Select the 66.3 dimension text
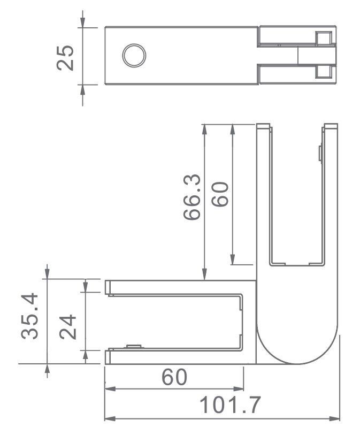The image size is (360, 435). pyautogui.click(x=192, y=197)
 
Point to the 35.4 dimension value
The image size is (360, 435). pyautogui.click(x=30, y=316)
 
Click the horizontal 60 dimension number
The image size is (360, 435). pyautogui.click(x=174, y=377)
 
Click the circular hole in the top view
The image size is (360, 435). pyautogui.click(x=134, y=56)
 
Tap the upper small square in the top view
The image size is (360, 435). pyautogui.click(x=323, y=39)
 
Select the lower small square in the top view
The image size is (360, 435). pyautogui.click(x=323, y=72)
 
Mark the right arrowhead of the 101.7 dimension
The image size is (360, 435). pyautogui.click(x=336, y=418)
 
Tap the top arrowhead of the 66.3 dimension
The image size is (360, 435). pyautogui.click(x=204, y=129)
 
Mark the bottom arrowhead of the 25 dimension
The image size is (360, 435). pyautogui.click(x=82, y=88)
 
